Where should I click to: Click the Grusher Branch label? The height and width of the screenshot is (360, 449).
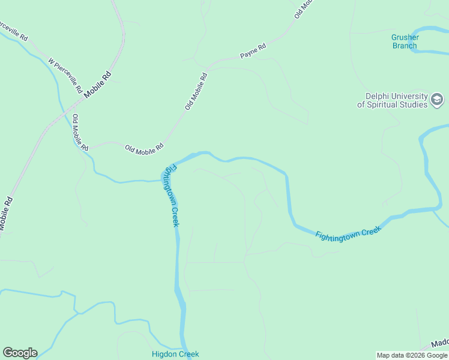click(x=405, y=41)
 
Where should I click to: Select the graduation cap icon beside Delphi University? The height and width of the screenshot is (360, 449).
click(x=438, y=100)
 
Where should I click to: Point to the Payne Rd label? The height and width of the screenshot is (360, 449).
click(x=253, y=51)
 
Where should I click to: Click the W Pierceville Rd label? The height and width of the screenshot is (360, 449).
click(x=65, y=76)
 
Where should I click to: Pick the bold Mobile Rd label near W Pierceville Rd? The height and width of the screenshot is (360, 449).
click(x=98, y=85)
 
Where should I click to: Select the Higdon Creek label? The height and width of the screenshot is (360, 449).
click(x=175, y=354)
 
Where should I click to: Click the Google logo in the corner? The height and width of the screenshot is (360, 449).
click(x=20, y=353)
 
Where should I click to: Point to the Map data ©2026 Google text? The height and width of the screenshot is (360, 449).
click(x=412, y=355)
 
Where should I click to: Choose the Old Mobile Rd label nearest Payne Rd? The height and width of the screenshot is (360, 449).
click(x=196, y=91)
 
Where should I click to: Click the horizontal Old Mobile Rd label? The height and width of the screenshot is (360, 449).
click(x=143, y=147)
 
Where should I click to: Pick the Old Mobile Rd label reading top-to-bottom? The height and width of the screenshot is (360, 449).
click(x=80, y=133)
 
